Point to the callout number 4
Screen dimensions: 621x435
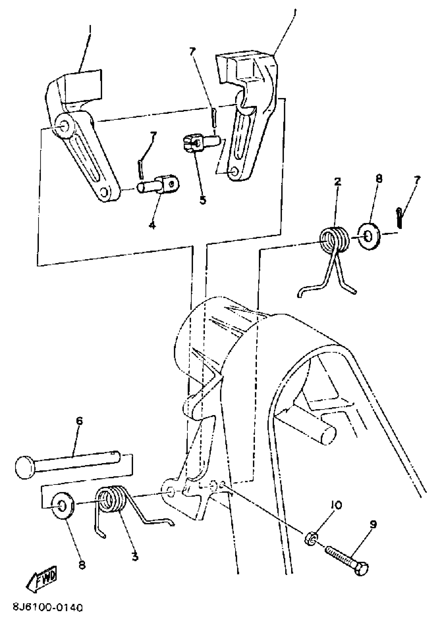153,225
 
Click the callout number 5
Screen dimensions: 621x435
203,200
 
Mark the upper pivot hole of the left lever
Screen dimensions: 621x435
64,126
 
